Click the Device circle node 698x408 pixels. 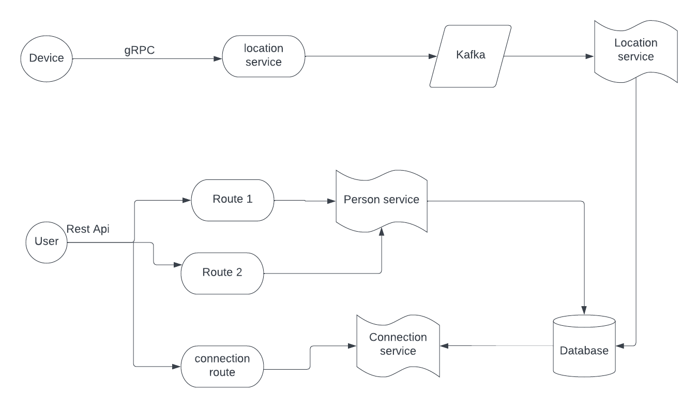46,58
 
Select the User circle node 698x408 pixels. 47,241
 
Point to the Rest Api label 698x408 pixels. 88,229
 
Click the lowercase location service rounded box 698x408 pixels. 264,56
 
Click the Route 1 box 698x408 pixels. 232,200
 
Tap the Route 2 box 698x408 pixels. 222,273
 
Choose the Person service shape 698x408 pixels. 382,200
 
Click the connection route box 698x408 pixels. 222,365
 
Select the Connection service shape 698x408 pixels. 398,344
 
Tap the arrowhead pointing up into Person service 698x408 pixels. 382,232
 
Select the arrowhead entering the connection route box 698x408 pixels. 177,366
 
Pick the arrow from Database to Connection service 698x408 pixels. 496,345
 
